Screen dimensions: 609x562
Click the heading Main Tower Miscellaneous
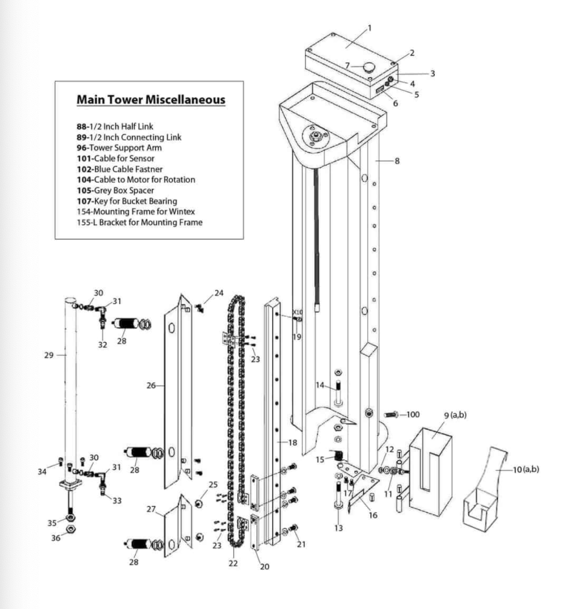(151, 100)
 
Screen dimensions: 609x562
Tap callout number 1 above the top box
(369, 28)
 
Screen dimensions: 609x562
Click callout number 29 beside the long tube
(49, 355)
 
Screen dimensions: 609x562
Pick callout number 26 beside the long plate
(151, 386)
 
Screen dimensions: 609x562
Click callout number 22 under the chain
(233, 563)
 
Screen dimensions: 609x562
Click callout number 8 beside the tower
(397, 161)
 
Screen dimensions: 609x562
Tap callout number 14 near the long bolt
(320, 385)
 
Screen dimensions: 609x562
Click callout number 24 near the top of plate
(219, 293)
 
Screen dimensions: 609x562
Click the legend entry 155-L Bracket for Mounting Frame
(139, 223)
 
